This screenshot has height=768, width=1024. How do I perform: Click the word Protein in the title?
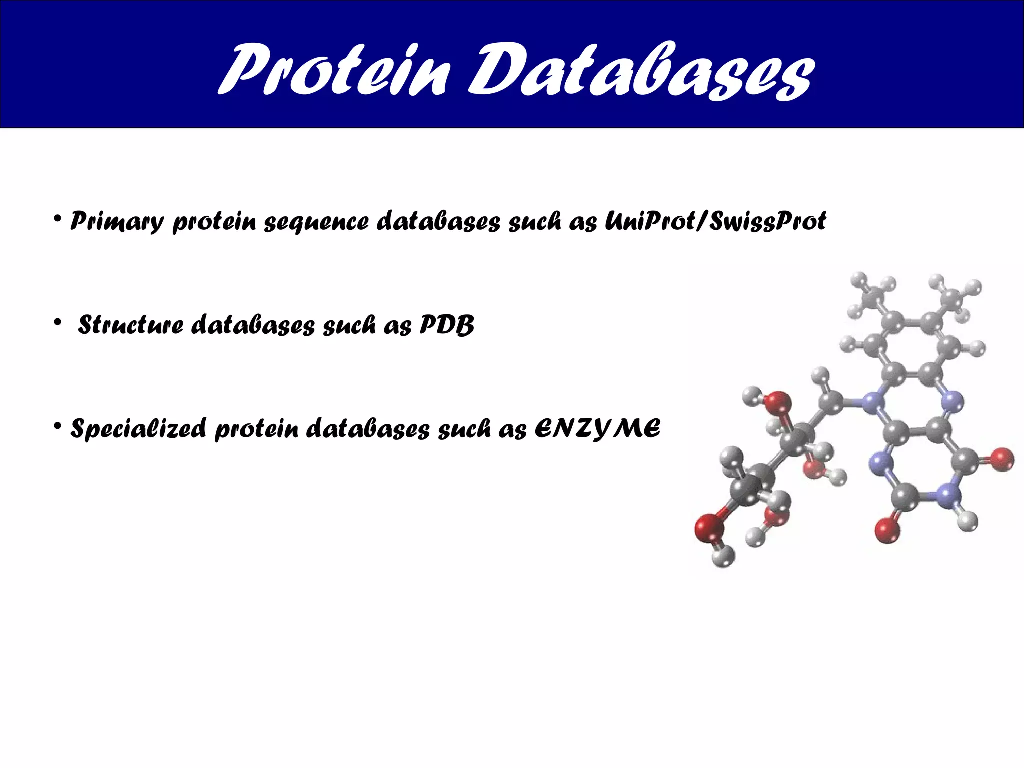(332, 70)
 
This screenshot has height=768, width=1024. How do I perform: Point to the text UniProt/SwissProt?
(715, 221)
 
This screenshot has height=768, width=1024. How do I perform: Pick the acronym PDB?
(446, 325)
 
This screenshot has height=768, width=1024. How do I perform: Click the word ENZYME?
(597, 429)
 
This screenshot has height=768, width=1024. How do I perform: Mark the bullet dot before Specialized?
(58, 426)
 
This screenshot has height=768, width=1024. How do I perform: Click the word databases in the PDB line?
(253, 325)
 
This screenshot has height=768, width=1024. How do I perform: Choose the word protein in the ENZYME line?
(256, 430)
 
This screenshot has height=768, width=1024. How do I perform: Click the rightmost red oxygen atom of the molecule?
(1002, 459)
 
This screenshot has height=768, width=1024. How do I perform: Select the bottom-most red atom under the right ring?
(887, 531)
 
